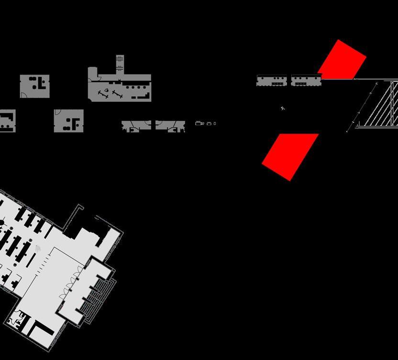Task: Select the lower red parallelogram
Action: (x=290, y=156)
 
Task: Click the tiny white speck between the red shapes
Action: (x=283, y=109)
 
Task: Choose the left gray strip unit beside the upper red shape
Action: (x=272, y=81)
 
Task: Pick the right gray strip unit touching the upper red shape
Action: (x=305, y=81)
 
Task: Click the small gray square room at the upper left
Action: (x=34, y=87)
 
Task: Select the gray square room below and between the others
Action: (x=69, y=120)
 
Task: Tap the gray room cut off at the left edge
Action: (x=7, y=120)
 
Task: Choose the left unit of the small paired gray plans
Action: (x=136, y=126)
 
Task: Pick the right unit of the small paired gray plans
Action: (x=170, y=126)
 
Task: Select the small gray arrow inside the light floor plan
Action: (x=39, y=248)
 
